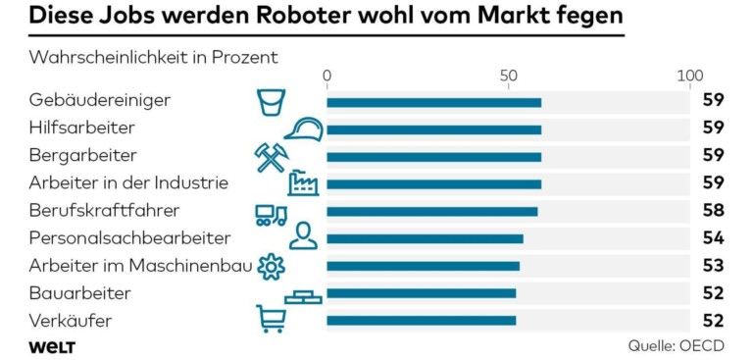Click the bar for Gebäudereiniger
tap(433, 102)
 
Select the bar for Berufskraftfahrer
tap(431, 211)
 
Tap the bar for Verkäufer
tap(421, 320)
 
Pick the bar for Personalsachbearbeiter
tap(425, 238)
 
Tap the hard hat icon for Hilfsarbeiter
tap(303, 129)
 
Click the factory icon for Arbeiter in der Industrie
tap(303, 183)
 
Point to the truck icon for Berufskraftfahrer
tap(270, 213)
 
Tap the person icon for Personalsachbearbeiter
tap(303, 236)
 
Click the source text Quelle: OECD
tap(677, 346)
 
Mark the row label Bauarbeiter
tap(79, 292)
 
